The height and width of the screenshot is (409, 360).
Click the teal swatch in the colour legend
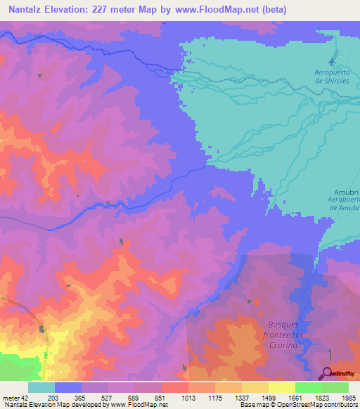(41, 387)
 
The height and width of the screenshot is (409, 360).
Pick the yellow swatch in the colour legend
(282, 387)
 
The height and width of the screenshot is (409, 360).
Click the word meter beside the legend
(10, 398)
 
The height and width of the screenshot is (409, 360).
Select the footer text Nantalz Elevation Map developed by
(54, 405)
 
